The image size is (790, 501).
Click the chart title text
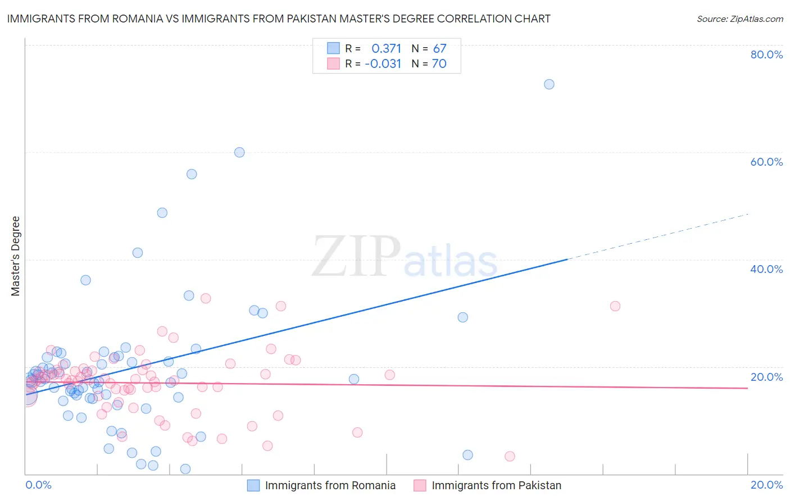[279, 19]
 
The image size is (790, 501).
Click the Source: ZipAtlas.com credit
[739, 19]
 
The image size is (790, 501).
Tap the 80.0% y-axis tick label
[766, 54]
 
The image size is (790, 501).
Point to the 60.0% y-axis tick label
[766, 162]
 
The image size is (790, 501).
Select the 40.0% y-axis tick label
[766, 269]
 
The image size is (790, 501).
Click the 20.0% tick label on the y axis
[766, 377]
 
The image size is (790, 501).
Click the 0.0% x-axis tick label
[38, 485]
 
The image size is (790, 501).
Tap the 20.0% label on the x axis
[766, 485]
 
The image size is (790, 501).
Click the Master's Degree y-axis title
[16, 256]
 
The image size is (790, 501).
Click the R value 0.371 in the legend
[386, 48]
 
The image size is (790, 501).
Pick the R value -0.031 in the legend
[383, 63]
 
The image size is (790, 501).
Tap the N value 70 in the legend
[439, 63]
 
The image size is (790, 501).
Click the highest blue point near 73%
[549, 84]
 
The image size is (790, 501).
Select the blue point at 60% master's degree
[239, 152]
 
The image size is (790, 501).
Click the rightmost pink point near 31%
[615, 306]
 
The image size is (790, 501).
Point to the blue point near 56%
[192, 174]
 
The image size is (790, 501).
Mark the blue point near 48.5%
[162, 213]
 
